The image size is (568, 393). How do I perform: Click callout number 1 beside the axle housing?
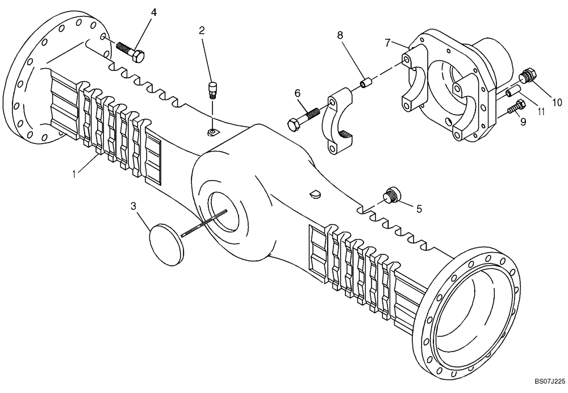pyautogui.click(x=73, y=172)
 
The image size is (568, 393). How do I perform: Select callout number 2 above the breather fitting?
pyautogui.click(x=202, y=31)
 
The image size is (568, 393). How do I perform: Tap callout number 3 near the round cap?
pyautogui.click(x=134, y=206)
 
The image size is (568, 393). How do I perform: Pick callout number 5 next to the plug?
pyautogui.click(x=419, y=209)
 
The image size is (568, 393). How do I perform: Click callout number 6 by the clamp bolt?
pyautogui.click(x=296, y=93)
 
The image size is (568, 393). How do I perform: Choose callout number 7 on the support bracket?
pyautogui.click(x=388, y=43)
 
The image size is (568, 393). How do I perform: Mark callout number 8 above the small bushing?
pyautogui.click(x=340, y=35)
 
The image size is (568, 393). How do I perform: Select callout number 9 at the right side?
pyautogui.click(x=523, y=122)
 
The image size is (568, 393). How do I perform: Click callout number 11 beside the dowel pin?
pyautogui.click(x=540, y=112)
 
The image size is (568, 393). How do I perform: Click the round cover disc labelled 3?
pyautogui.click(x=166, y=243)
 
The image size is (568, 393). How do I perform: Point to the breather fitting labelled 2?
pyautogui.click(x=213, y=89)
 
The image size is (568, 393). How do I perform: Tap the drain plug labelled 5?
pyautogui.click(x=390, y=195)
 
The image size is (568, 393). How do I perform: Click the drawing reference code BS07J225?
pyautogui.click(x=549, y=384)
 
